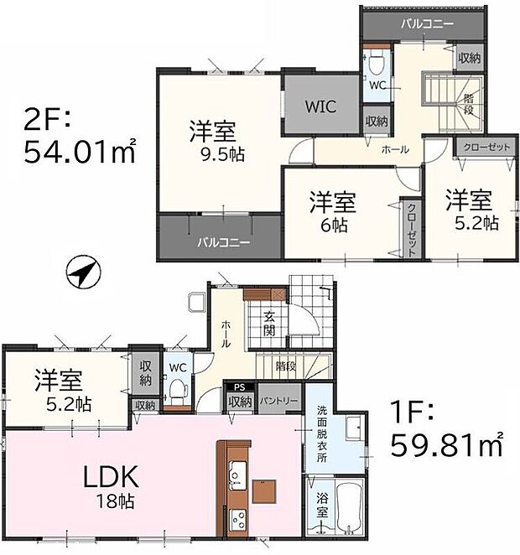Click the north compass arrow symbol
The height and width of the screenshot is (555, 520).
82,272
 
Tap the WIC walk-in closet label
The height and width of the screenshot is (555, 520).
320,107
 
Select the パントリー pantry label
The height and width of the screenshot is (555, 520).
279,402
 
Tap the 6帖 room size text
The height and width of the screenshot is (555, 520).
334,225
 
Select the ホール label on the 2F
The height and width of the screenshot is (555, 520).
395,149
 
